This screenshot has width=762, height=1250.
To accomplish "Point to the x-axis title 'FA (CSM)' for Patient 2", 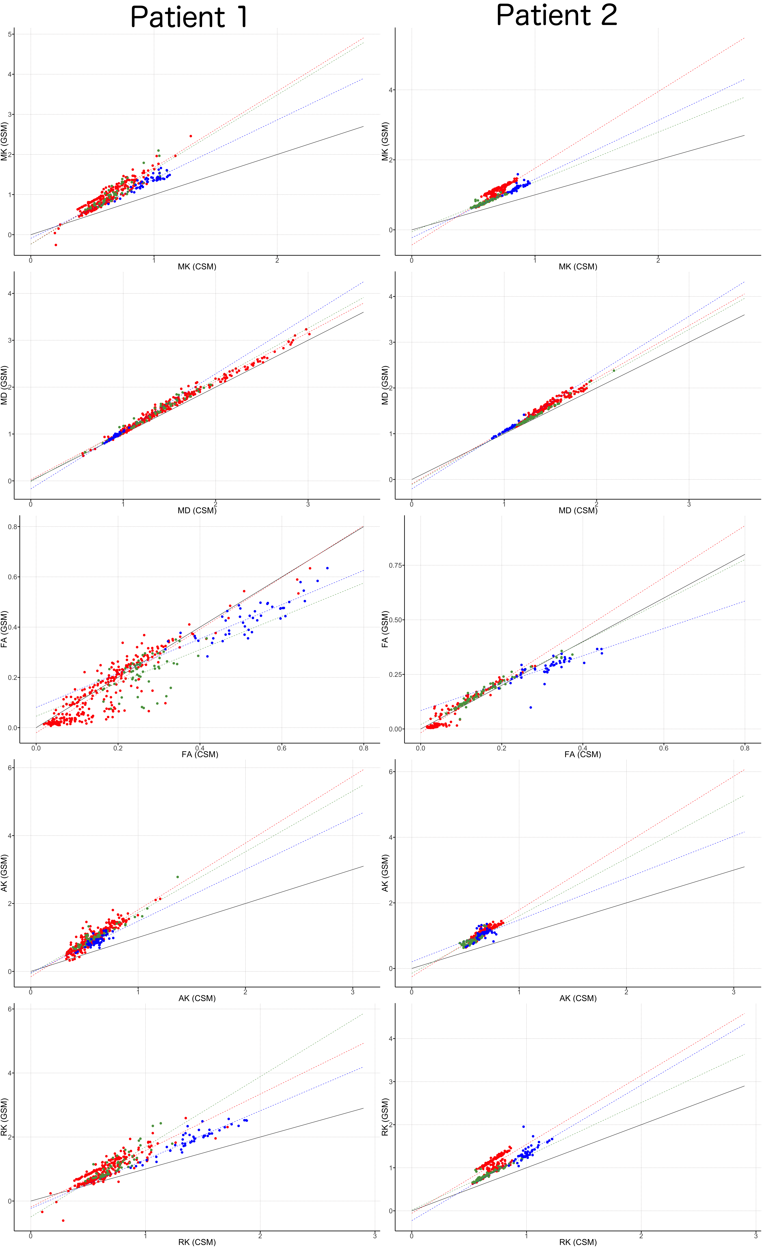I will [x=582, y=754].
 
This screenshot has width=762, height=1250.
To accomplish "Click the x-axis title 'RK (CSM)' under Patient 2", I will [x=578, y=1242].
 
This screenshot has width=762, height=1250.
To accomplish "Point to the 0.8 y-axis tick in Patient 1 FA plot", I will [x=13, y=527].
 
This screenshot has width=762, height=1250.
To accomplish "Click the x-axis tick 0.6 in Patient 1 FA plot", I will [x=282, y=748].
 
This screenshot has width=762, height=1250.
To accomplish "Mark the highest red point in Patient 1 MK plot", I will [x=191, y=136].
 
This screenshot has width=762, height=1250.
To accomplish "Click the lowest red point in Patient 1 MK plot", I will [x=56, y=245].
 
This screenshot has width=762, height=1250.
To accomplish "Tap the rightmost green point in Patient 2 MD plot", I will [x=614, y=370].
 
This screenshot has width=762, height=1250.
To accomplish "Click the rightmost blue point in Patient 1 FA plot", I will [x=327, y=568].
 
